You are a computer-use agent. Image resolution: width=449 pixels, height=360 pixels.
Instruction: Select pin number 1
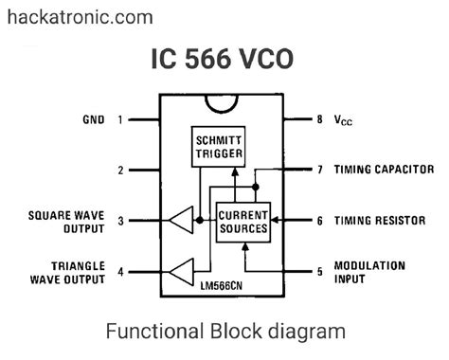click(x=120, y=120)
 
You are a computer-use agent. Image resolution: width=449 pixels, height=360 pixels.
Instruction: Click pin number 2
click(x=120, y=171)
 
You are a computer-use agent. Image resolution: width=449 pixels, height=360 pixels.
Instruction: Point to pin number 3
click(x=120, y=221)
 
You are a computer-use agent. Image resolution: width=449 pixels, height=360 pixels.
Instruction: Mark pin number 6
click(x=319, y=221)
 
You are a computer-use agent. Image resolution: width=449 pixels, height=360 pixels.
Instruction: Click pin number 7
click(x=319, y=171)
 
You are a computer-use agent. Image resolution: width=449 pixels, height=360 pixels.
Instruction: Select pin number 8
click(x=319, y=120)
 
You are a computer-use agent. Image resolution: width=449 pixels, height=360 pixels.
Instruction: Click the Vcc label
click(x=345, y=121)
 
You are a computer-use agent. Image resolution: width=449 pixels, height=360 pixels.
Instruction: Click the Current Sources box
click(x=242, y=222)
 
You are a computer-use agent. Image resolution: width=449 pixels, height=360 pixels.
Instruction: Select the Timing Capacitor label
click(x=385, y=171)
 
